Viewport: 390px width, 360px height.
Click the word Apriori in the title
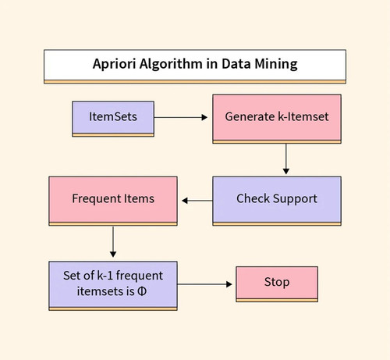point(115,64)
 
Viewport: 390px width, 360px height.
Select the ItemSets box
point(113,119)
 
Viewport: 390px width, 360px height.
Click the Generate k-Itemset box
point(277,119)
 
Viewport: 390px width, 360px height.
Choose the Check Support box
point(277,201)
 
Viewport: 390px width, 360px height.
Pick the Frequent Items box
point(113,201)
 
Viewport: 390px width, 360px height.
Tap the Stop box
point(277,284)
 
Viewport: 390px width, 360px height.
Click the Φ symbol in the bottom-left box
point(142,291)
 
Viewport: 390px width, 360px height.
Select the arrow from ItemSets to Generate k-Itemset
point(181,117)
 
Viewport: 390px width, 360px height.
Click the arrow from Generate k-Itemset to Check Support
point(286,159)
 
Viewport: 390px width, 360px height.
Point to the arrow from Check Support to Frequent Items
point(197,201)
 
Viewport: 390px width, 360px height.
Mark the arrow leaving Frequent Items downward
point(113,241)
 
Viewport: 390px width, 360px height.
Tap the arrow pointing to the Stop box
point(204,284)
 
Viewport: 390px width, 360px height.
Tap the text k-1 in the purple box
point(105,276)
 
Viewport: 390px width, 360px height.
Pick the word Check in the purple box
point(253,198)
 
